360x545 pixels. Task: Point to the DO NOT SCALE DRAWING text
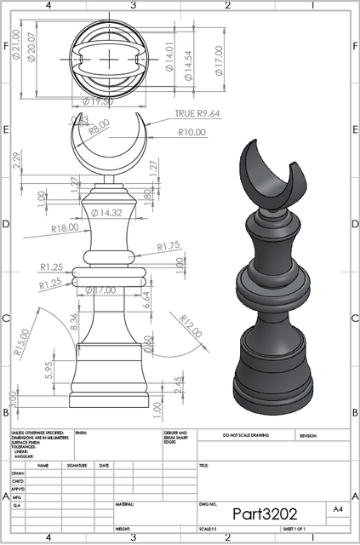[x=245, y=435]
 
